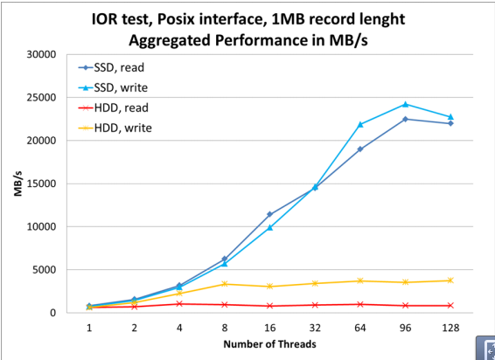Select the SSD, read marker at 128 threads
click(x=450, y=123)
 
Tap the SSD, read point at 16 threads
click(x=269, y=214)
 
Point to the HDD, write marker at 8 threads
click(x=225, y=283)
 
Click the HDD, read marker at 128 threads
click(x=450, y=305)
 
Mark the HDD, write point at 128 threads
click(x=450, y=280)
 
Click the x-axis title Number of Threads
click(x=269, y=343)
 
